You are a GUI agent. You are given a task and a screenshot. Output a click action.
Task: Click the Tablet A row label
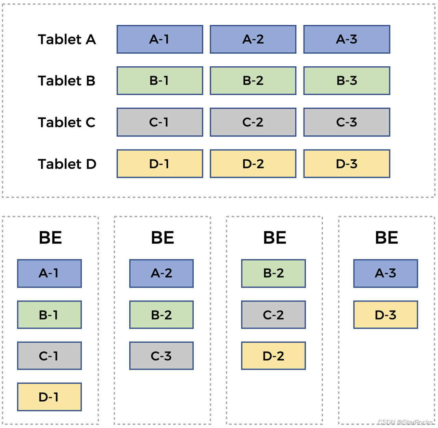pyautogui.click(x=67, y=39)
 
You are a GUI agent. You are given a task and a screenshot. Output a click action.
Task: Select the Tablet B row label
pyautogui.click(x=67, y=81)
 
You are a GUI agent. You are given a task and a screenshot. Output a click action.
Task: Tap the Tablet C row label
pyautogui.click(x=67, y=122)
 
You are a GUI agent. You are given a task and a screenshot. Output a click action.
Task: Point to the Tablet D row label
pyautogui.click(x=67, y=164)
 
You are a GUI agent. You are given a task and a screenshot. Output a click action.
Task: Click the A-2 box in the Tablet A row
pyautogui.click(x=253, y=39)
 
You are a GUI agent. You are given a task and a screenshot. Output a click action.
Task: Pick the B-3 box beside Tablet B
pyautogui.click(x=347, y=81)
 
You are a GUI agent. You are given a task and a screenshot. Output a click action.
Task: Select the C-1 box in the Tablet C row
pyautogui.click(x=159, y=122)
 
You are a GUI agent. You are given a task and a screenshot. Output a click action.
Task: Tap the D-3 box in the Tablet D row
pyautogui.click(x=347, y=164)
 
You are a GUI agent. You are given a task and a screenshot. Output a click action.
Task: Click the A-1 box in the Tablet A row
pyautogui.click(x=159, y=39)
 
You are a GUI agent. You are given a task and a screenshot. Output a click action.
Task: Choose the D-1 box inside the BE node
pyautogui.click(x=49, y=397)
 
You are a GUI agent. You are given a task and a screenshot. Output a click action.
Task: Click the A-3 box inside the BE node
pyautogui.click(x=386, y=273)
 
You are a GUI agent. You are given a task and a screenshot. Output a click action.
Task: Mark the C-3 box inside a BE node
pyautogui.click(x=161, y=356)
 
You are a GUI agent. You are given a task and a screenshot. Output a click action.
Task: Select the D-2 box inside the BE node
pyautogui.click(x=273, y=356)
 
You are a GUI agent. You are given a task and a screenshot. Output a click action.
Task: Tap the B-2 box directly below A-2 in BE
pyautogui.click(x=161, y=315)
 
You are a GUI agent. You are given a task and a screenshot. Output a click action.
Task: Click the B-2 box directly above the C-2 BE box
pyautogui.click(x=273, y=273)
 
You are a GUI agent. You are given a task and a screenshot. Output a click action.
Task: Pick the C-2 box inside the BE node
pyautogui.click(x=273, y=315)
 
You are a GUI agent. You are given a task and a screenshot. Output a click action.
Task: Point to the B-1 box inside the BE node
pyautogui.click(x=49, y=315)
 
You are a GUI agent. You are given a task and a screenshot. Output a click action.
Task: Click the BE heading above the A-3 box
pyautogui.click(x=387, y=238)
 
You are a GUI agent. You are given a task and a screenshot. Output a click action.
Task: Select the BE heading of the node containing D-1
pyautogui.click(x=50, y=238)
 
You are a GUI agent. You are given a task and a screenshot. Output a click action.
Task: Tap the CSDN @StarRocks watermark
pyautogui.click(x=405, y=423)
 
